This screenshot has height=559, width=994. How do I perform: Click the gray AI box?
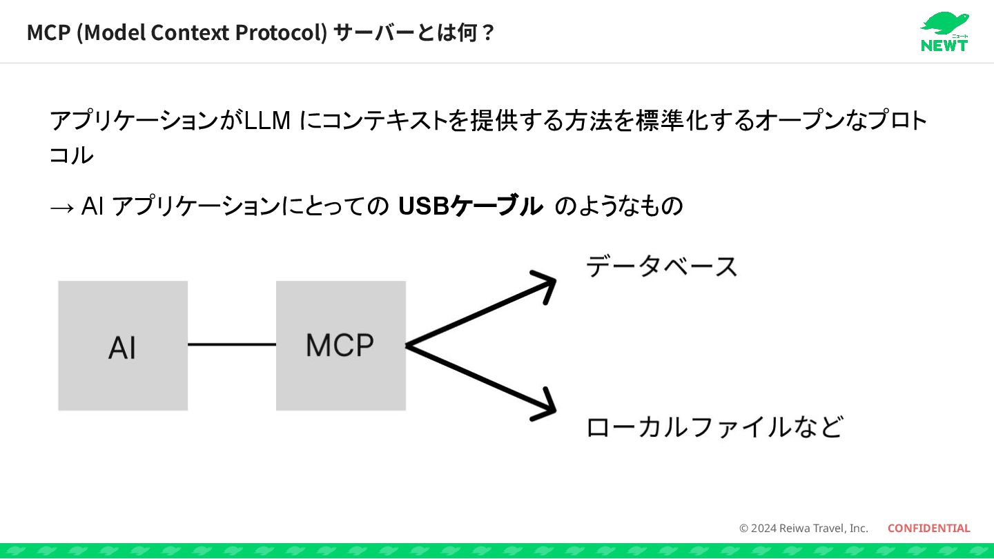click(123, 345)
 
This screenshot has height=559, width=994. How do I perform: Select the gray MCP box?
click(340, 345)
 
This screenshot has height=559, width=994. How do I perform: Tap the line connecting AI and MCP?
click(232, 344)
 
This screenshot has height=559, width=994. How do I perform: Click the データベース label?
click(661, 266)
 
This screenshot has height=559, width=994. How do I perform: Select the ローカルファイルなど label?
click(714, 427)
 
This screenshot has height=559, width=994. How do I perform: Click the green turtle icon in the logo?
click(943, 23)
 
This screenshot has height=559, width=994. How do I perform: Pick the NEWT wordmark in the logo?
click(944, 45)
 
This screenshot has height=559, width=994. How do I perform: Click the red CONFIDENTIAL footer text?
click(928, 528)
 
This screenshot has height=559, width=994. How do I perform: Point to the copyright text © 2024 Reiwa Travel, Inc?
click(803, 528)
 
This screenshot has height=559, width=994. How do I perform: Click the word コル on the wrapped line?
click(71, 155)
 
